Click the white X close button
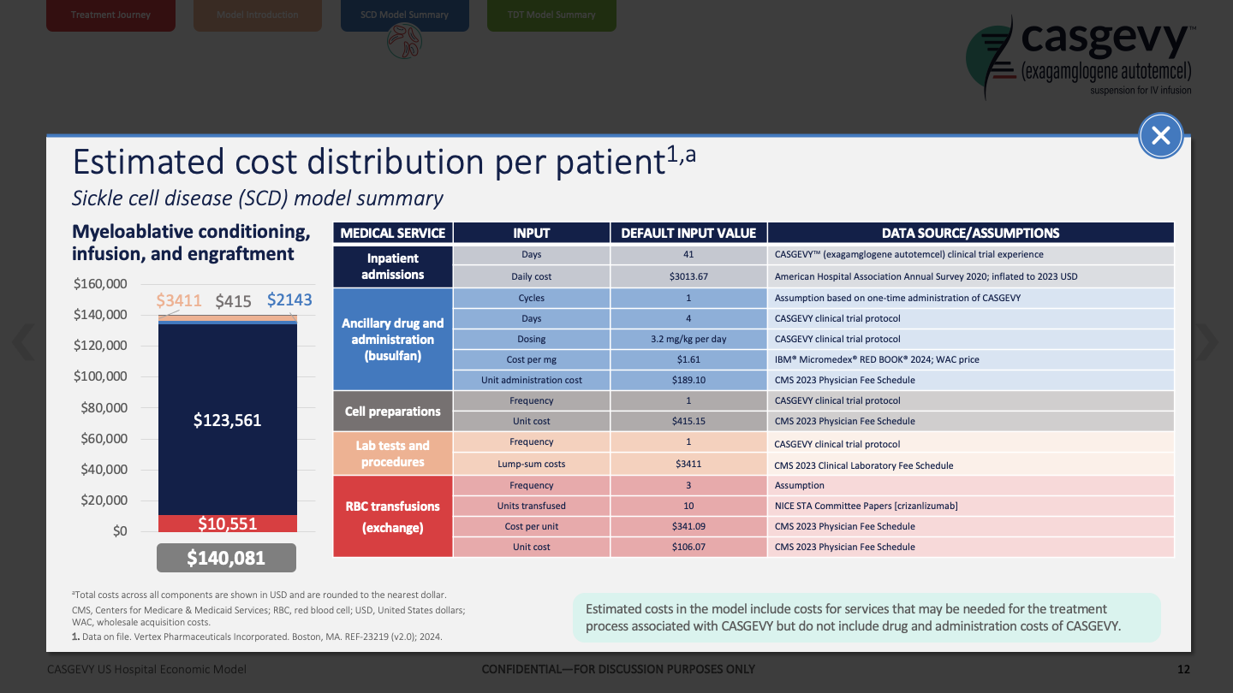[1161, 135]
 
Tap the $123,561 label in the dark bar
[227, 420]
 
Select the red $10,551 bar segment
[227, 524]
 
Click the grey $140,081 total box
[227, 558]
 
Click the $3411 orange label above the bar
[179, 300]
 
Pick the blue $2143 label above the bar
[289, 300]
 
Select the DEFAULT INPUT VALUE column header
[688, 233]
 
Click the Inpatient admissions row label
[393, 266]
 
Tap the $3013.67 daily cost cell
[688, 277]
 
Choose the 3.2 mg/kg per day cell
[688, 339]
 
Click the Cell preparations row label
[393, 411]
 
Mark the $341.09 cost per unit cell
[688, 526]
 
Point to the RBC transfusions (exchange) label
[393, 516]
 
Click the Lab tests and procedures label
[393, 453]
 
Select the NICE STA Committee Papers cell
[866, 506]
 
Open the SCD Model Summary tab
[405, 15]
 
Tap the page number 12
[1183, 669]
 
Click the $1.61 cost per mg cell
[688, 359]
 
